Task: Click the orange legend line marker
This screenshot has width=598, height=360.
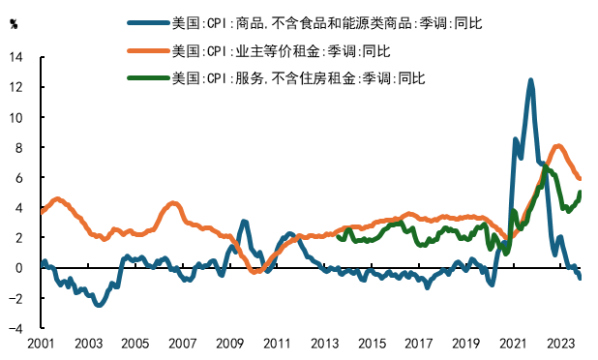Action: click(148, 49)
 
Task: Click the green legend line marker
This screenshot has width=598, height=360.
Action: click(148, 75)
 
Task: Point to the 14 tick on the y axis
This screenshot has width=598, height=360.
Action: click(15, 57)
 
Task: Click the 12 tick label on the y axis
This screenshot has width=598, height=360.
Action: click(15, 87)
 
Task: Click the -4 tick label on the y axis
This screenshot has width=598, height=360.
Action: click(15, 328)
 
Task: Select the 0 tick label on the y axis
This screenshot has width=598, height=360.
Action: click(20, 268)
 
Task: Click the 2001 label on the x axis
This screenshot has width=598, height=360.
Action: click(41, 344)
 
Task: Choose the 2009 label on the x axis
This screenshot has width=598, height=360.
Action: click(229, 344)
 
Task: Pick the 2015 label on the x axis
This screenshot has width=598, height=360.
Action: click(371, 344)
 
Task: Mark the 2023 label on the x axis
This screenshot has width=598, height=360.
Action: click(559, 344)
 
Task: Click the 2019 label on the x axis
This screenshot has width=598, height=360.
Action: click(465, 344)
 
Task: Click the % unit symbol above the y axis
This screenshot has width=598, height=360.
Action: click(14, 25)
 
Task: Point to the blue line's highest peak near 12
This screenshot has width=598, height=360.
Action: click(531, 80)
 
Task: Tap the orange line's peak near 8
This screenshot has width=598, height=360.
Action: click(558, 146)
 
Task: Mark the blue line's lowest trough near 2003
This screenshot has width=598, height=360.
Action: click(98, 305)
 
